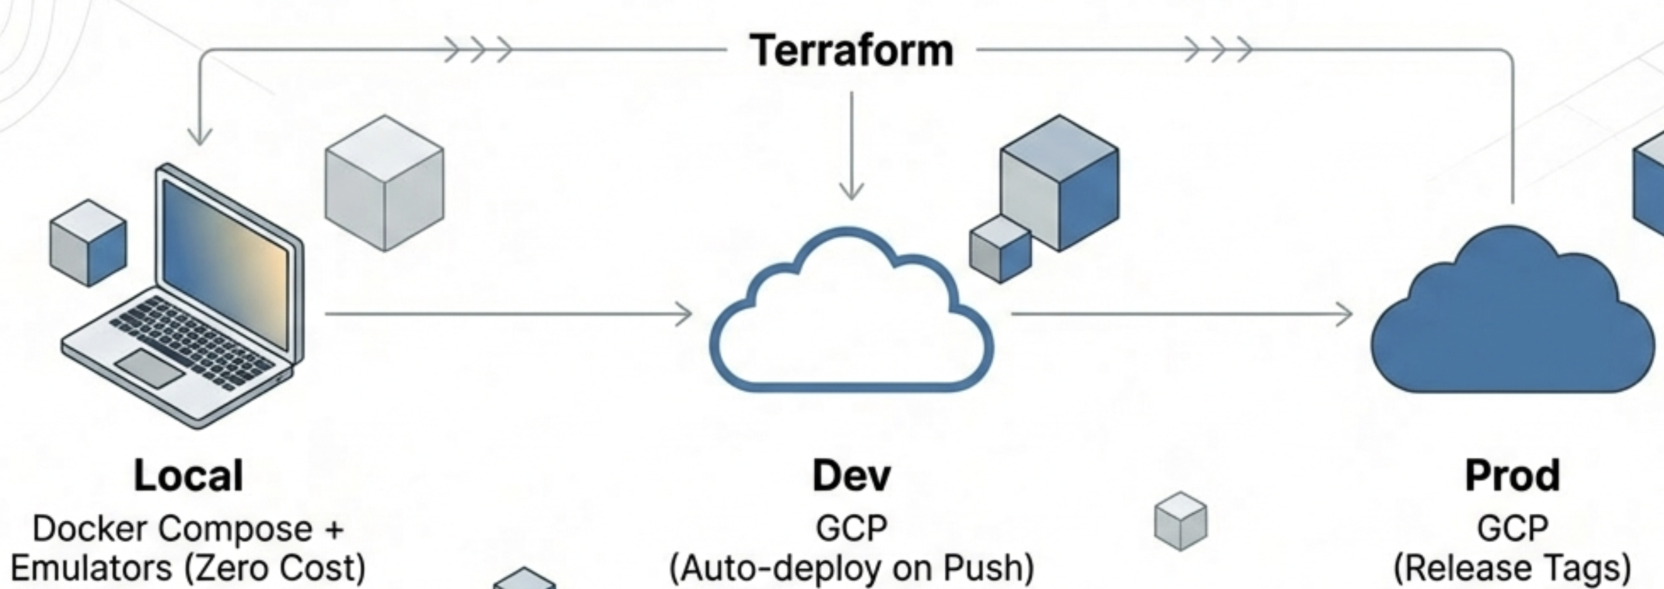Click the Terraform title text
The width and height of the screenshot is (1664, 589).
851,51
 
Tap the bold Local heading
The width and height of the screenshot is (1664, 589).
188,476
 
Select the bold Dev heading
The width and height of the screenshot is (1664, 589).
851,476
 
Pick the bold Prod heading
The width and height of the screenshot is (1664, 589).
1512,476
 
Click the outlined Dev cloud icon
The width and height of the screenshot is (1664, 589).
851,321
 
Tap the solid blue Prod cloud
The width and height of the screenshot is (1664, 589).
1512,321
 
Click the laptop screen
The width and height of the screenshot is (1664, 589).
226,263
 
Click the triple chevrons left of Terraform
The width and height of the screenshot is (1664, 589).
478,50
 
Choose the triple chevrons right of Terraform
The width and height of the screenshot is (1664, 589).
1218,50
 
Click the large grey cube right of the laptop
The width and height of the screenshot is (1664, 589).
384,183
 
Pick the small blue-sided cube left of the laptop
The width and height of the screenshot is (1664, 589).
88,243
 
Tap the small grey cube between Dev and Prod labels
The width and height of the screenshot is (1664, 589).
1181,521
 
